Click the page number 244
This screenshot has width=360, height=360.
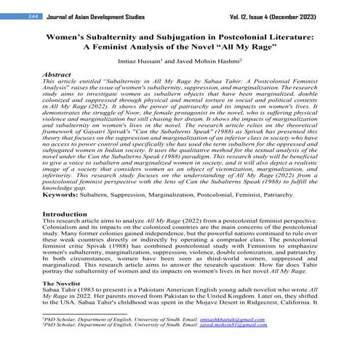[12, 15]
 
